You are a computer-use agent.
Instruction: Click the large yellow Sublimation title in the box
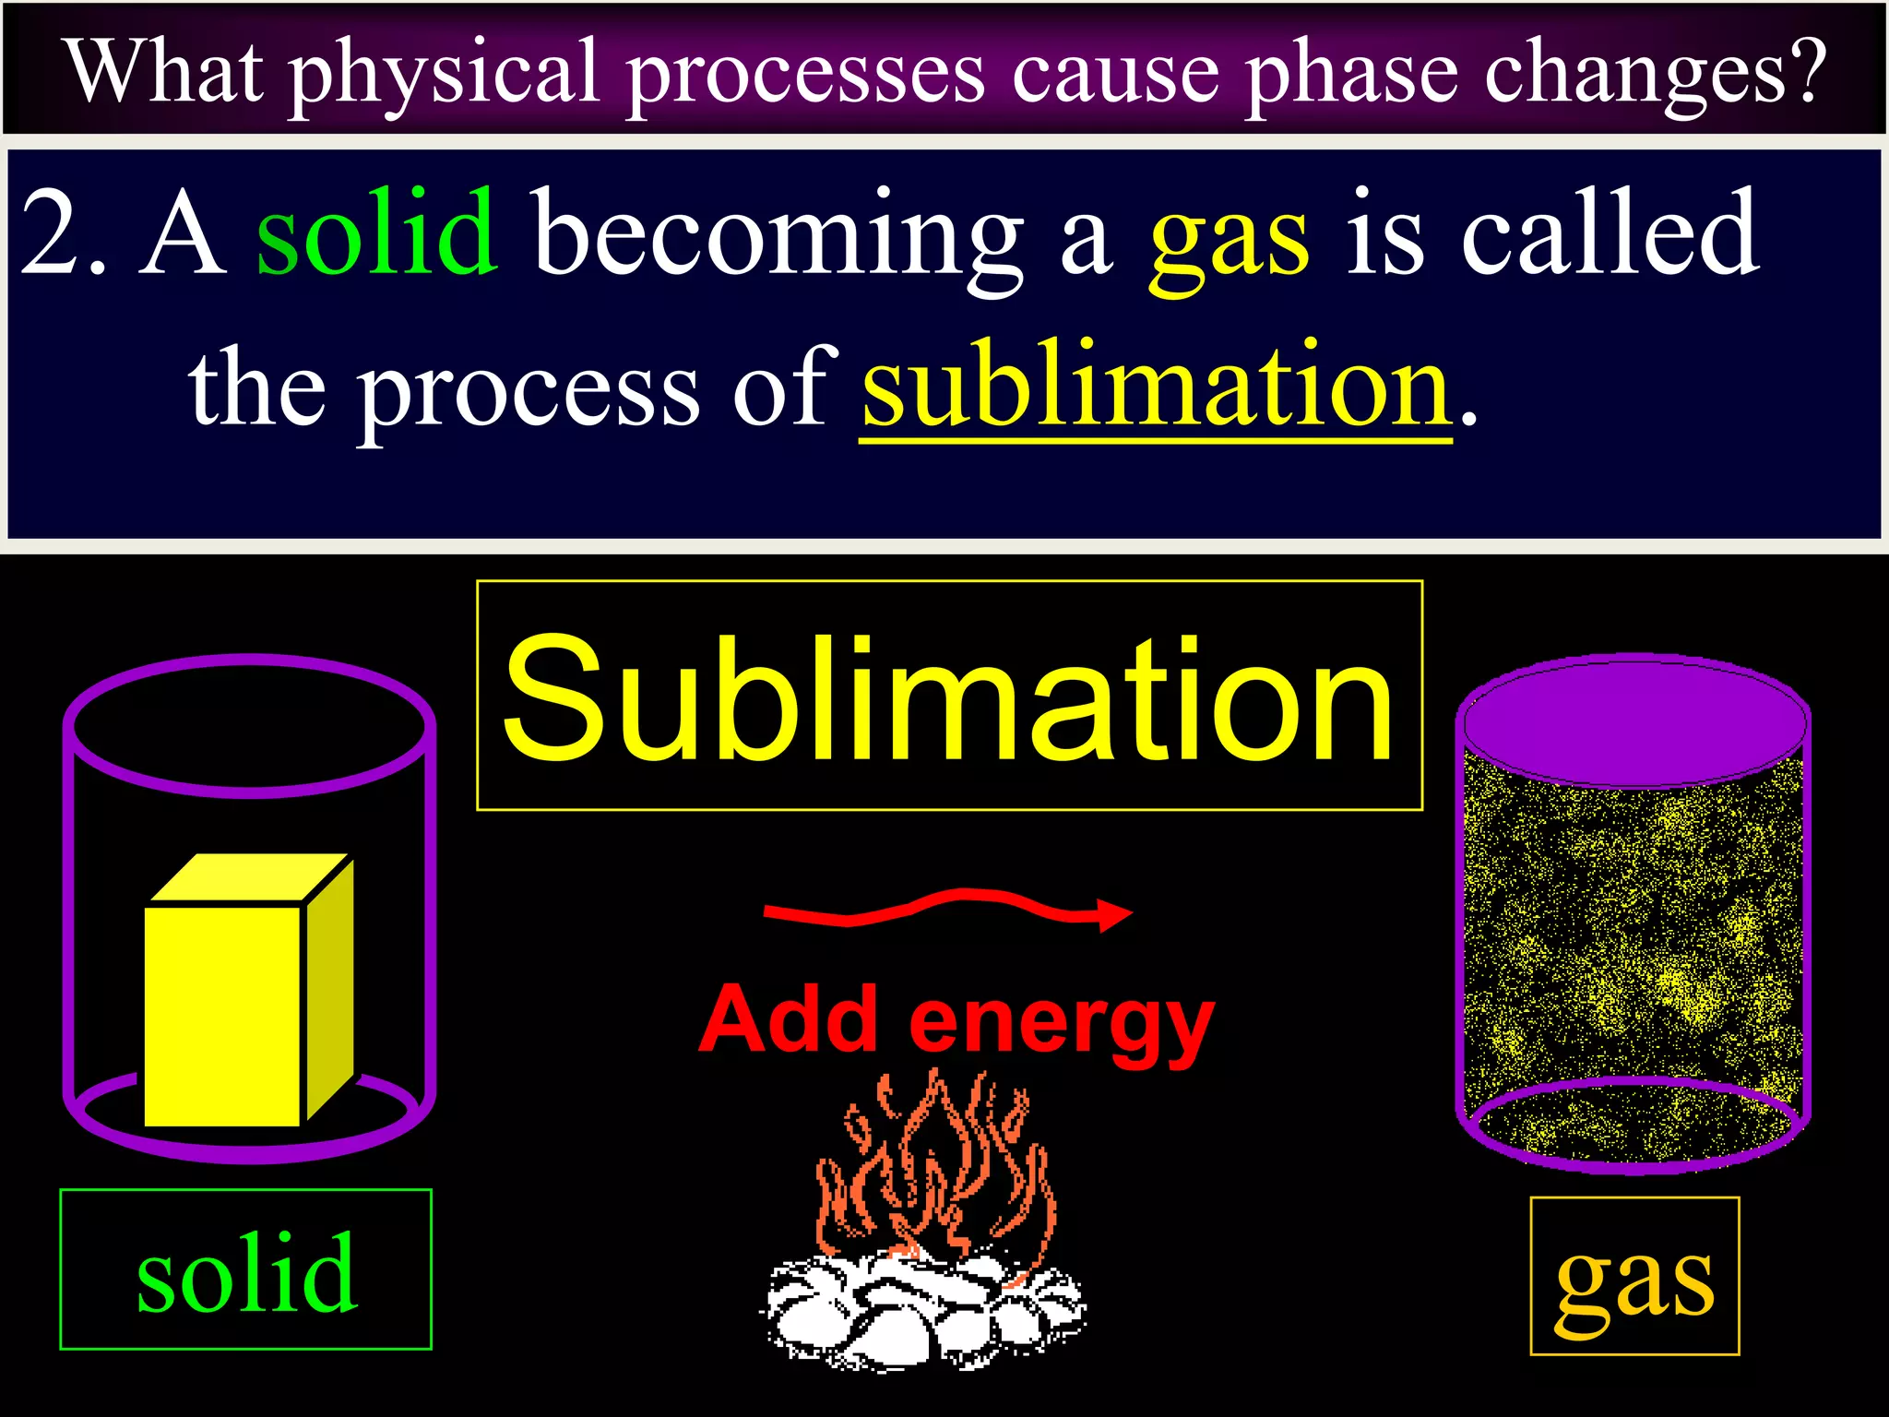pos(948,698)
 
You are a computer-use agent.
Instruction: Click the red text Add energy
pos(956,1022)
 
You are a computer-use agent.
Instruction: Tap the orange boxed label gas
pos(1634,1278)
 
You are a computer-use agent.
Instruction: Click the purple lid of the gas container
pos(1634,721)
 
